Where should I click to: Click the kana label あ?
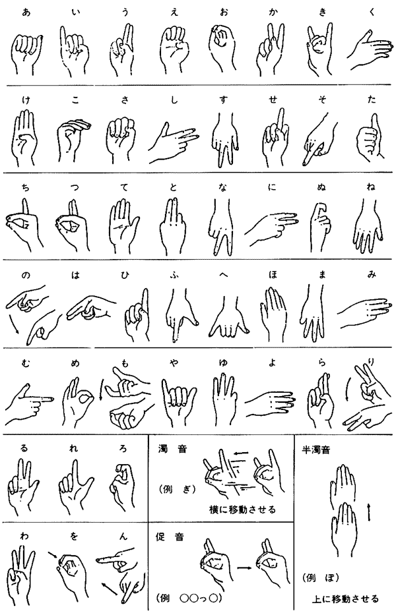[26, 12]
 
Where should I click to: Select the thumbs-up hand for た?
[370, 134]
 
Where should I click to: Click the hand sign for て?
[123, 225]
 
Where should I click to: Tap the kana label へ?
[223, 276]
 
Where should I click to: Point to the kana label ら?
[322, 363]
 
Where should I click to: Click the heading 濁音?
[172, 448]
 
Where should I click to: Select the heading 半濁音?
[315, 450]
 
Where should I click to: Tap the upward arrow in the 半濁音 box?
[369, 512]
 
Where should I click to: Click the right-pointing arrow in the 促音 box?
[245, 568]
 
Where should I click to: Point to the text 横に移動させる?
[242, 510]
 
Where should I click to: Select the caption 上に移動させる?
[345, 599]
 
